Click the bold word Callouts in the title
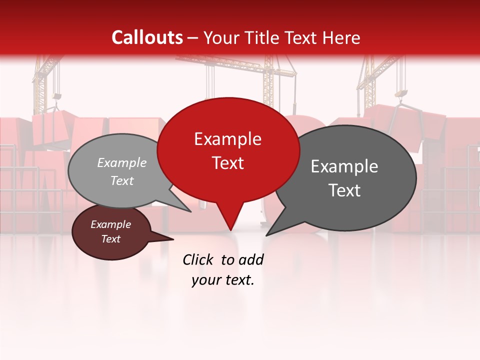(147, 37)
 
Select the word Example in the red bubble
(227, 139)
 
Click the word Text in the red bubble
(227, 163)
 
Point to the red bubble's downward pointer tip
(230, 230)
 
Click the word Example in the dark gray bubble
(344, 166)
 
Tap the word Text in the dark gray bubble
(344, 190)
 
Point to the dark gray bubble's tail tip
(266, 235)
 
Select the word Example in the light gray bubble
(122, 162)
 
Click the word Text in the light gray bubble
(122, 180)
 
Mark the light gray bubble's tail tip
(190, 211)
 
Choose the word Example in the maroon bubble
(110, 224)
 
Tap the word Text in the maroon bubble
(110, 239)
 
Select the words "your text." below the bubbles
(223, 280)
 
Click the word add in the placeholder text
(251, 259)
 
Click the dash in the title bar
(193, 38)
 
